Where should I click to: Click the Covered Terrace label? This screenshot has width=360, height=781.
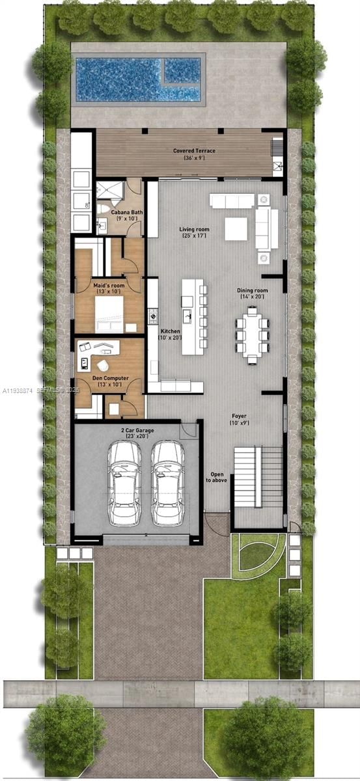194,154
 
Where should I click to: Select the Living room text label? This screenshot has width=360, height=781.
194,232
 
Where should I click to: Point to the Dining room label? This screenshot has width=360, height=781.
252,294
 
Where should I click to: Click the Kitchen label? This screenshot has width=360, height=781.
170,335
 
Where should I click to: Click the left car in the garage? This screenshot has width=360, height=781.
124,483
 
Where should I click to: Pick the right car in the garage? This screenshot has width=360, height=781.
167,483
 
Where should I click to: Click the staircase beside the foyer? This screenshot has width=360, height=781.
258,477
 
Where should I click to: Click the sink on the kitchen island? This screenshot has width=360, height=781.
188,317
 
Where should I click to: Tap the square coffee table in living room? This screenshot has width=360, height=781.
236,228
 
